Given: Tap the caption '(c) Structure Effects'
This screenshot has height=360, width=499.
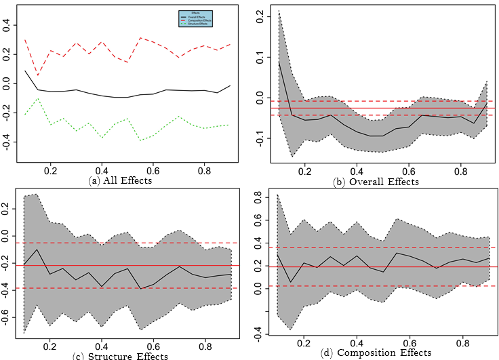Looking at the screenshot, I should pos(129,356).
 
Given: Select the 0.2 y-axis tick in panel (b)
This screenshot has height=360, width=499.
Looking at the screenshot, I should pos(260,19).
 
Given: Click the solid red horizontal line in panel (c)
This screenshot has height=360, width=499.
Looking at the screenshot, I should pos(136,266).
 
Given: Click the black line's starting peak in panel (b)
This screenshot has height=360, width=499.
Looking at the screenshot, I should pos(279,62).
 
